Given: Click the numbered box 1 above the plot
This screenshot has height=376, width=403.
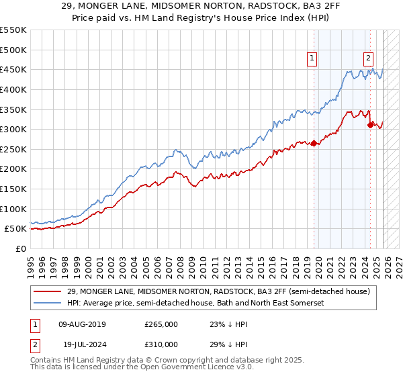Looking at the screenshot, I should click(313, 58).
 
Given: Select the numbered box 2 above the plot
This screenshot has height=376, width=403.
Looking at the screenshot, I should click(369, 58).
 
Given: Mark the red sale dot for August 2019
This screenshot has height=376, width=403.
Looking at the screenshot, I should click(314, 143).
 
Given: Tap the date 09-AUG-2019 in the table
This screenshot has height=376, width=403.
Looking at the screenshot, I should click(82, 324).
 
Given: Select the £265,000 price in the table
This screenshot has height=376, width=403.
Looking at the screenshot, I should click(161, 324).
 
